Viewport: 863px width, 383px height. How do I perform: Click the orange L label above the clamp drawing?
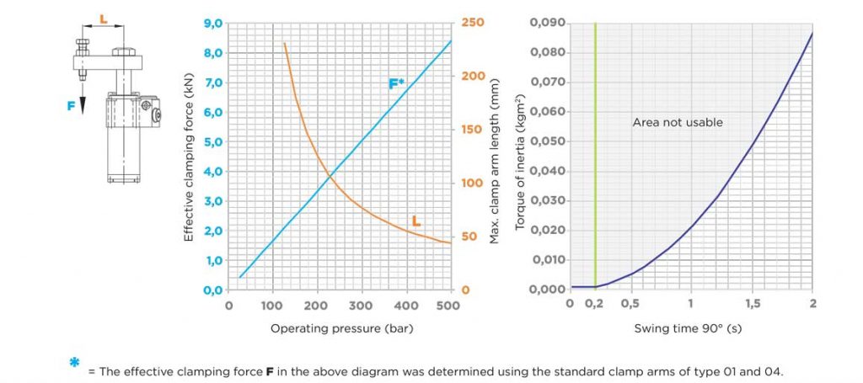click(103, 17)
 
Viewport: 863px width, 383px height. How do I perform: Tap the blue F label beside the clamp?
click(72, 106)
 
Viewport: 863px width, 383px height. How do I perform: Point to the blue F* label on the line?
click(396, 83)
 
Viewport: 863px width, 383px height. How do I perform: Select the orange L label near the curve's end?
click(415, 221)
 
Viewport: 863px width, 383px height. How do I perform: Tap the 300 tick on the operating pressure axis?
click(360, 306)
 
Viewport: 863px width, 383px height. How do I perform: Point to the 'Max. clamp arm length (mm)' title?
click(495, 157)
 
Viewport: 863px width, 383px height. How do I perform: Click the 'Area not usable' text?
click(678, 122)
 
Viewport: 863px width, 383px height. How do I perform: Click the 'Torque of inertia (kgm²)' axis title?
click(519, 157)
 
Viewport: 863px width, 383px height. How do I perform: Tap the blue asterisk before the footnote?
click(75, 364)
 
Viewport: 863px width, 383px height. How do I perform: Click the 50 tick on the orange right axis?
click(469, 237)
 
